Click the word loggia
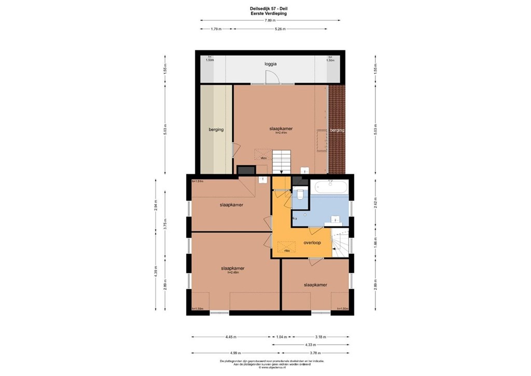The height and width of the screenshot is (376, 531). (270, 64)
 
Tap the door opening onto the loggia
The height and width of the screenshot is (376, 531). (272, 78)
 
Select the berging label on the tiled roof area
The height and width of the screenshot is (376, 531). (337, 130)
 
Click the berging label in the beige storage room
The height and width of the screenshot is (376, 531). (216, 129)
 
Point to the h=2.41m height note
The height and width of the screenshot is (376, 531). (281, 133)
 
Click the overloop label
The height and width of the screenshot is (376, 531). (312, 242)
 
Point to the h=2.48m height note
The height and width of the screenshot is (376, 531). (232, 273)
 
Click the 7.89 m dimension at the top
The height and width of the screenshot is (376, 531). (270, 20)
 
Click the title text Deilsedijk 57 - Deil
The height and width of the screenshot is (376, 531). (270, 8)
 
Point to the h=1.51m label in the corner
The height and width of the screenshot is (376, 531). (198, 181)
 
